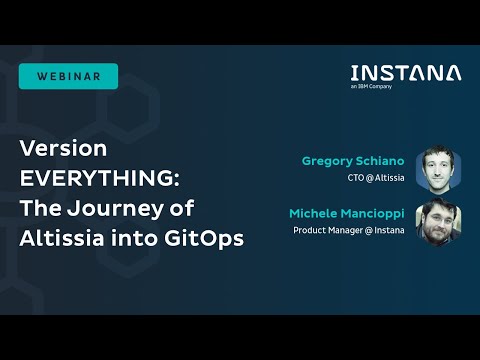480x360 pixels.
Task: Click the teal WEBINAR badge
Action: pyautogui.click(x=68, y=76)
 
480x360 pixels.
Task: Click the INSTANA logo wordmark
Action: pyautogui.click(x=406, y=73)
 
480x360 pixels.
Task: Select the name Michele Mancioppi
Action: pyautogui.click(x=347, y=214)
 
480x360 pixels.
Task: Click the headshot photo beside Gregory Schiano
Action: pyautogui.click(x=436, y=168)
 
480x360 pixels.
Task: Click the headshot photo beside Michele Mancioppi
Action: pyautogui.click(x=436, y=221)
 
